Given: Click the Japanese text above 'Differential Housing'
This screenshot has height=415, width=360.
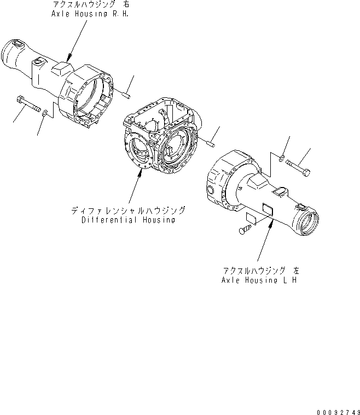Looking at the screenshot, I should [128, 210].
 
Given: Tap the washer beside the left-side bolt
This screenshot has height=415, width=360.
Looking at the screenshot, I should [45, 114].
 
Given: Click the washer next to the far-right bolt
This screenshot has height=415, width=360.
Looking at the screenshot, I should [280, 158].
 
